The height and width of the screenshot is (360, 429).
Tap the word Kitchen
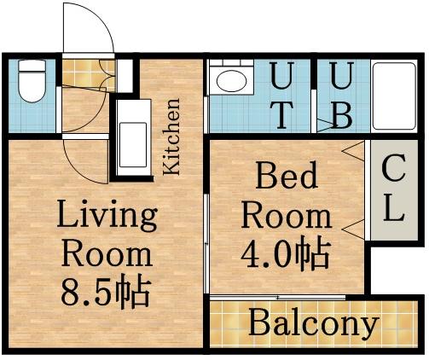tap(172, 137)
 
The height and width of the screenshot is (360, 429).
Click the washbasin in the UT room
tap(229, 82)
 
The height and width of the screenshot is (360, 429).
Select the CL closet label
tap(391, 188)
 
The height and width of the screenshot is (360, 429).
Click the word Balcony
tap(313, 324)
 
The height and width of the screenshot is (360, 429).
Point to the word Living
tap(107, 217)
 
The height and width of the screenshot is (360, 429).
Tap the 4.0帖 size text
tap(286, 253)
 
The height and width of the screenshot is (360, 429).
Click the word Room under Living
tap(107, 254)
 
